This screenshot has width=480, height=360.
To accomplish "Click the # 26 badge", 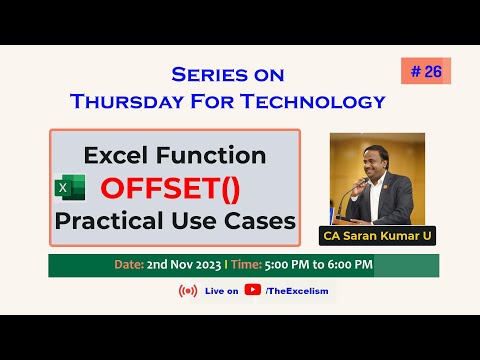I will coord(425,71).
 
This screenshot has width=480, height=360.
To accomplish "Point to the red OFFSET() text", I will coord(174,188).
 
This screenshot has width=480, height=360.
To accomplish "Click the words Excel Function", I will coord(174,156).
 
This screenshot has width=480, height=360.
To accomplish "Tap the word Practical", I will coord(111,220).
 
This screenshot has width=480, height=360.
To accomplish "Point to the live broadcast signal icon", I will coord(187,291).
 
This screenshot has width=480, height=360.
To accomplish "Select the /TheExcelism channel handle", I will coord(297,291).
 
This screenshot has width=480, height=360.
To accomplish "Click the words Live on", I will coord(221,291).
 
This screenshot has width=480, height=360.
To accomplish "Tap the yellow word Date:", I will coord(127,265).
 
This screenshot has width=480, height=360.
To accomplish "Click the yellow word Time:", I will coord(245,265).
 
